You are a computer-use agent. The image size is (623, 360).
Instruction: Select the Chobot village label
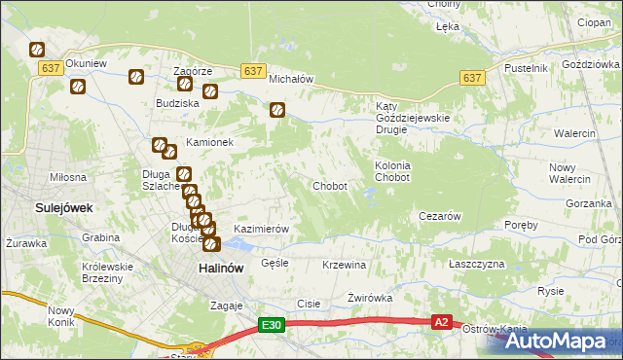(x=330, y=186)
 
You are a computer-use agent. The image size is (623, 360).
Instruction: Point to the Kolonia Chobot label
(x=392, y=171)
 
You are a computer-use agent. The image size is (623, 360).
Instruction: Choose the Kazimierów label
(x=262, y=229)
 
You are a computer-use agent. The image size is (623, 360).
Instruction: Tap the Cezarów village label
(x=438, y=216)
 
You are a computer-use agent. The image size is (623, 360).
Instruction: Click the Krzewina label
(x=344, y=265)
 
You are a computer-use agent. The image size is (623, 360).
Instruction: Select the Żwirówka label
(x=369, y=300)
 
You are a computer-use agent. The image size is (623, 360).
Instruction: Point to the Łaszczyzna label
(x=477, y=265)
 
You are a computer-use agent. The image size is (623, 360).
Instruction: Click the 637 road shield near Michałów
(x=252, y=71)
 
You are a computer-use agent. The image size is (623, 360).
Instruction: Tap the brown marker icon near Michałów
(x=277, y=111)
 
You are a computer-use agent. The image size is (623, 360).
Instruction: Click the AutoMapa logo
(x=560, y=341)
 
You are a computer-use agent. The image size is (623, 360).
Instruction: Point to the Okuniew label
(x=86, y=63)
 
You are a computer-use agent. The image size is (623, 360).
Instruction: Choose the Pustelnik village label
(x=526, y=68)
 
